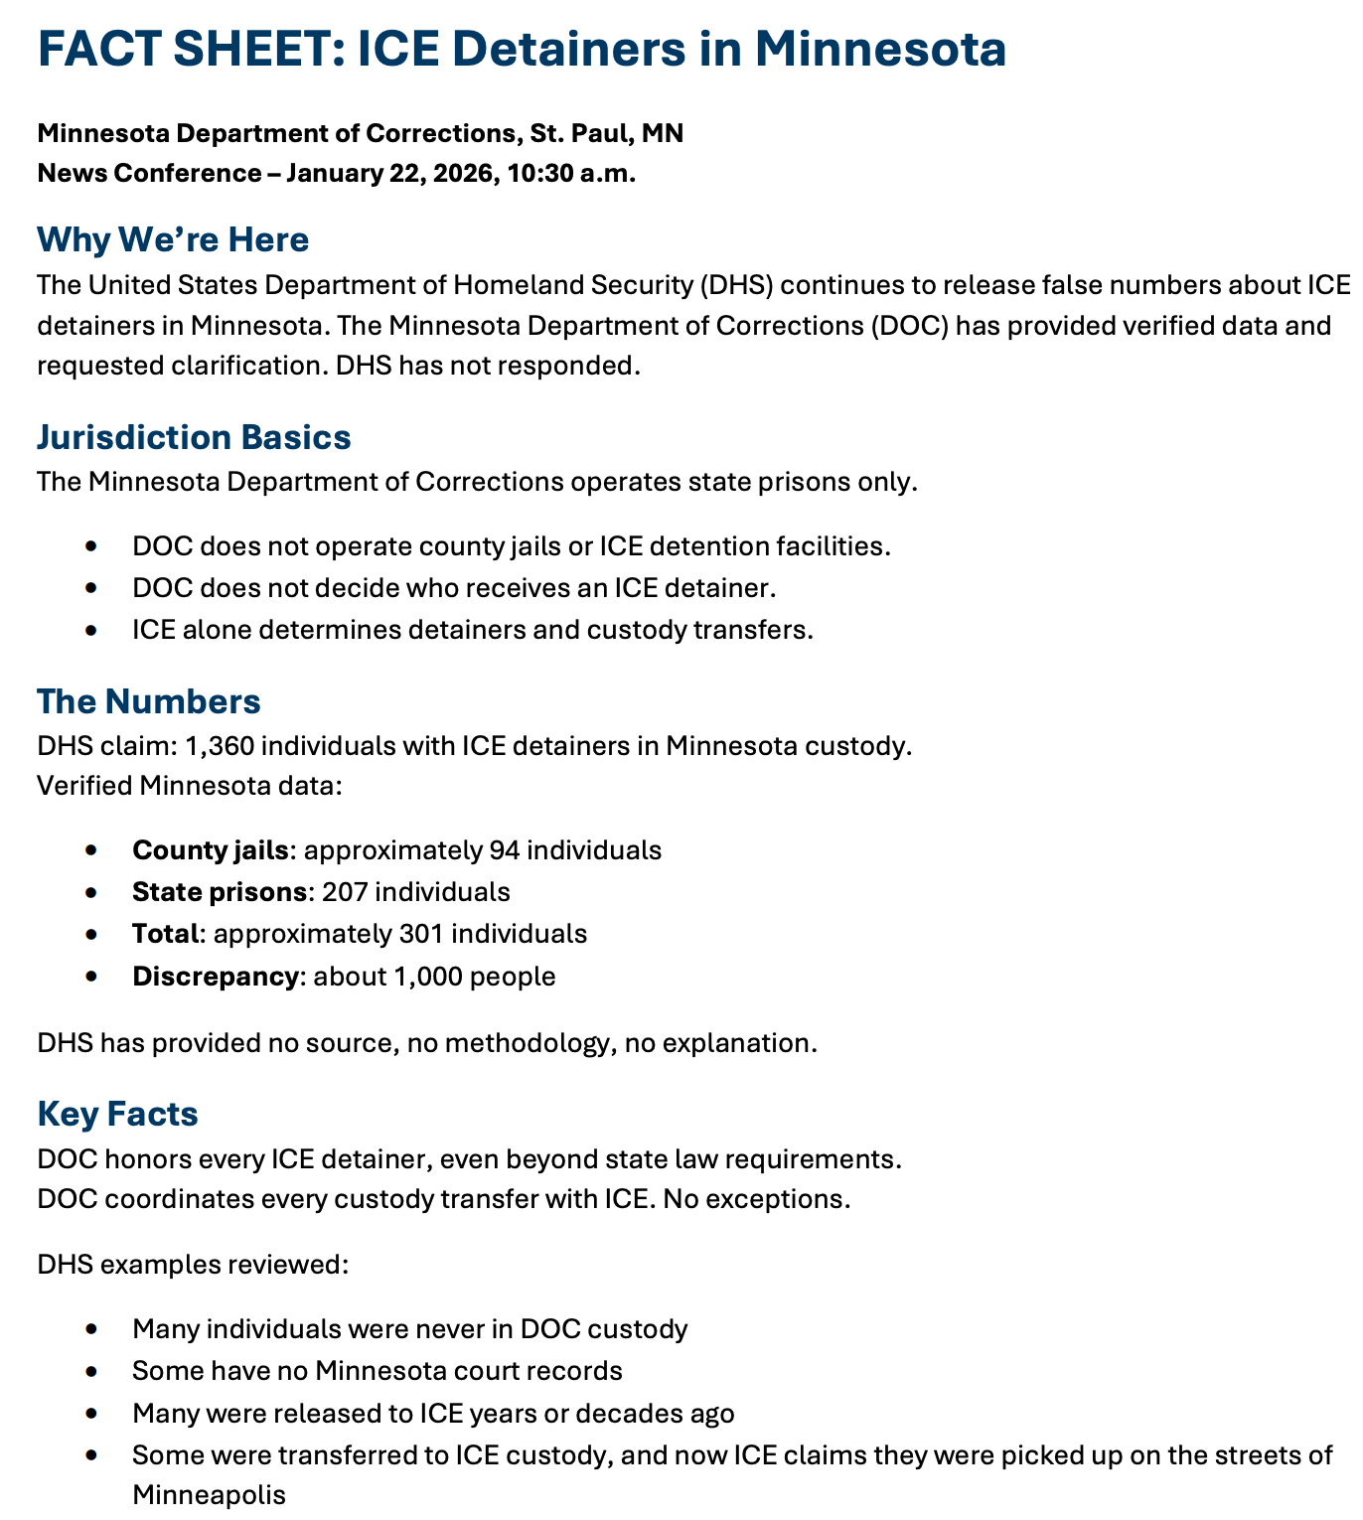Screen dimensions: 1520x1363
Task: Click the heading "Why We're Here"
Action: (x=173, y=239)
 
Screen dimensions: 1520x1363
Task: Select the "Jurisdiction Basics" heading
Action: (x=194, y=437)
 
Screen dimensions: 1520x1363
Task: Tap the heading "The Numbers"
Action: (x=149, y=701)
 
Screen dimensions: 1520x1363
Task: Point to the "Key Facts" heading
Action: (x=117, y=1114)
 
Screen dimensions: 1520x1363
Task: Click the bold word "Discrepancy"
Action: (x=215, y=977)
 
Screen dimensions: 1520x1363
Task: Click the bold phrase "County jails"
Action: (x=212, y=850)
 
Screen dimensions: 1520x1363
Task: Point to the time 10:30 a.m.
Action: (x=571, y=173)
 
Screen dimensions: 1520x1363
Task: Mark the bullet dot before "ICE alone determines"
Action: (x=92, y=631)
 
